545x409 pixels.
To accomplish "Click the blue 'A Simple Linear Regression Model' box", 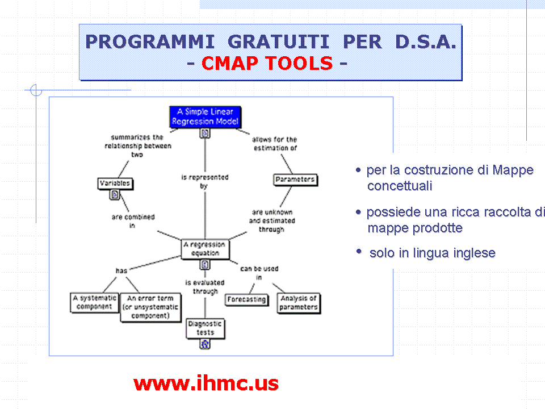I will [205, 116].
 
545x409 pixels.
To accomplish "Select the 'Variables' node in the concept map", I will [115, 183].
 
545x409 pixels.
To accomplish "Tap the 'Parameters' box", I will [295, 180].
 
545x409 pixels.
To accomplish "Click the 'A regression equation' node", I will [205, 249].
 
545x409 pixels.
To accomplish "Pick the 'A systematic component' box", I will [94, 302].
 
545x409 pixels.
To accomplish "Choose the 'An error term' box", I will [150, 307].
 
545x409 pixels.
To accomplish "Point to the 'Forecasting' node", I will [246, 299].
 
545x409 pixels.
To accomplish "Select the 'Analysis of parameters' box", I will [299, 302].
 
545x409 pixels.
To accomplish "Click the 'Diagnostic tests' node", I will [205, 328].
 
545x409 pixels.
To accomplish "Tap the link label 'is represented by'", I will [204, 181].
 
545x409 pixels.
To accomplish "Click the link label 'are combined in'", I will [133, 221].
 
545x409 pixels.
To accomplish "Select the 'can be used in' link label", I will [259, 273].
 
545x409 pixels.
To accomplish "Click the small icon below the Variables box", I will [115, 195].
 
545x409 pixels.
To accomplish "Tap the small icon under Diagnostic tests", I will [205, 344].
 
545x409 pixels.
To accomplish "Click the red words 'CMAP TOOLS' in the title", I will [267, 63].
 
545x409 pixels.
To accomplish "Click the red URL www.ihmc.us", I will [206, 383].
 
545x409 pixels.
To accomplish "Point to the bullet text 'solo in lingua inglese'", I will [432, 253].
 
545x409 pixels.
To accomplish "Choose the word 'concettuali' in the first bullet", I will [400, 186].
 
